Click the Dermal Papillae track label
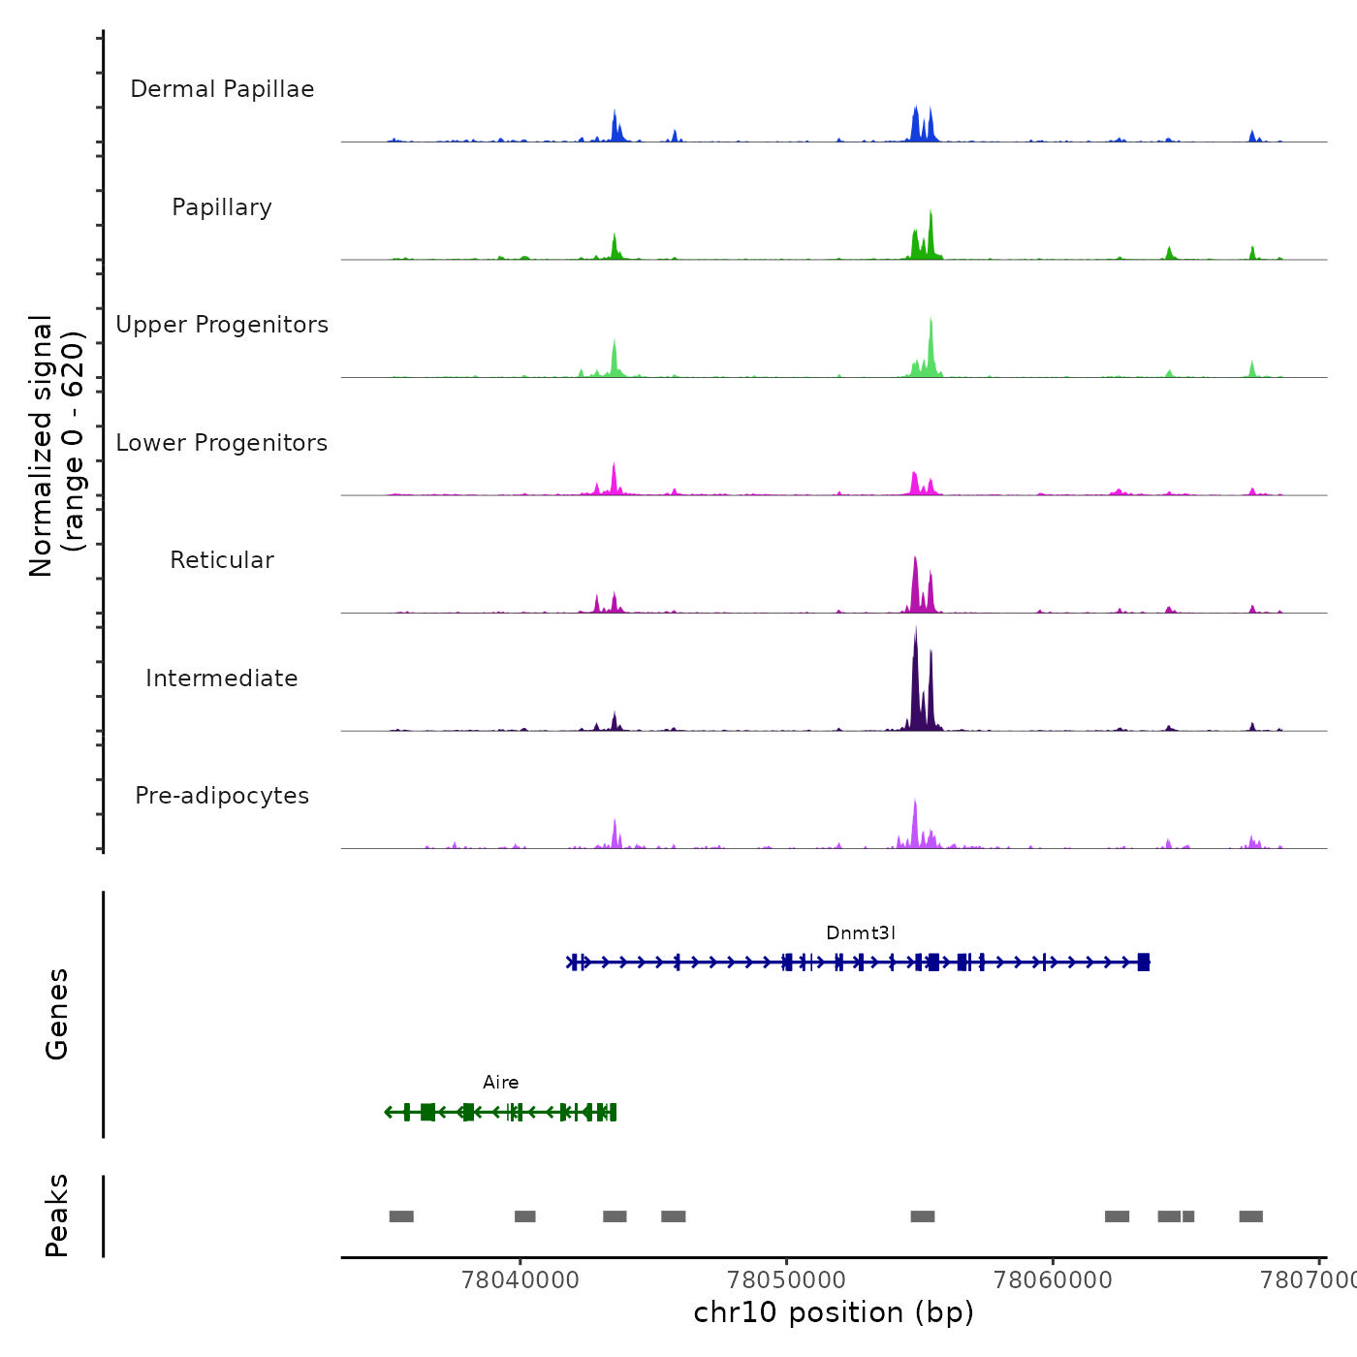[x=222, y=89]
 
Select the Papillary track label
[x=222, y=207]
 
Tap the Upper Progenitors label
[x=222, y=325]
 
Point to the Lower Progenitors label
[x=222, y=443]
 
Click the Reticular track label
[x=222, y=560]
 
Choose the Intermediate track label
[x=222, y=678]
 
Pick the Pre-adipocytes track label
[x=222, y=796]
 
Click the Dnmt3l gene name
[x=861, y=933]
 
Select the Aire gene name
[x=501, y=1083]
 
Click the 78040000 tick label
[x=521, y=1280]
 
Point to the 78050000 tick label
[x=787, y=1280]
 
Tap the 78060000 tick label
[x=1053, y=1280]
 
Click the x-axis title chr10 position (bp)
[x=834, y=1312]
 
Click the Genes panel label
[x=57, y=1014]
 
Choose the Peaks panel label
[x=57, y=1215]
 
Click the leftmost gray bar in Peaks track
[x=401, y=1216]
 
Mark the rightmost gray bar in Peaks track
[x=1250, y=1216]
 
